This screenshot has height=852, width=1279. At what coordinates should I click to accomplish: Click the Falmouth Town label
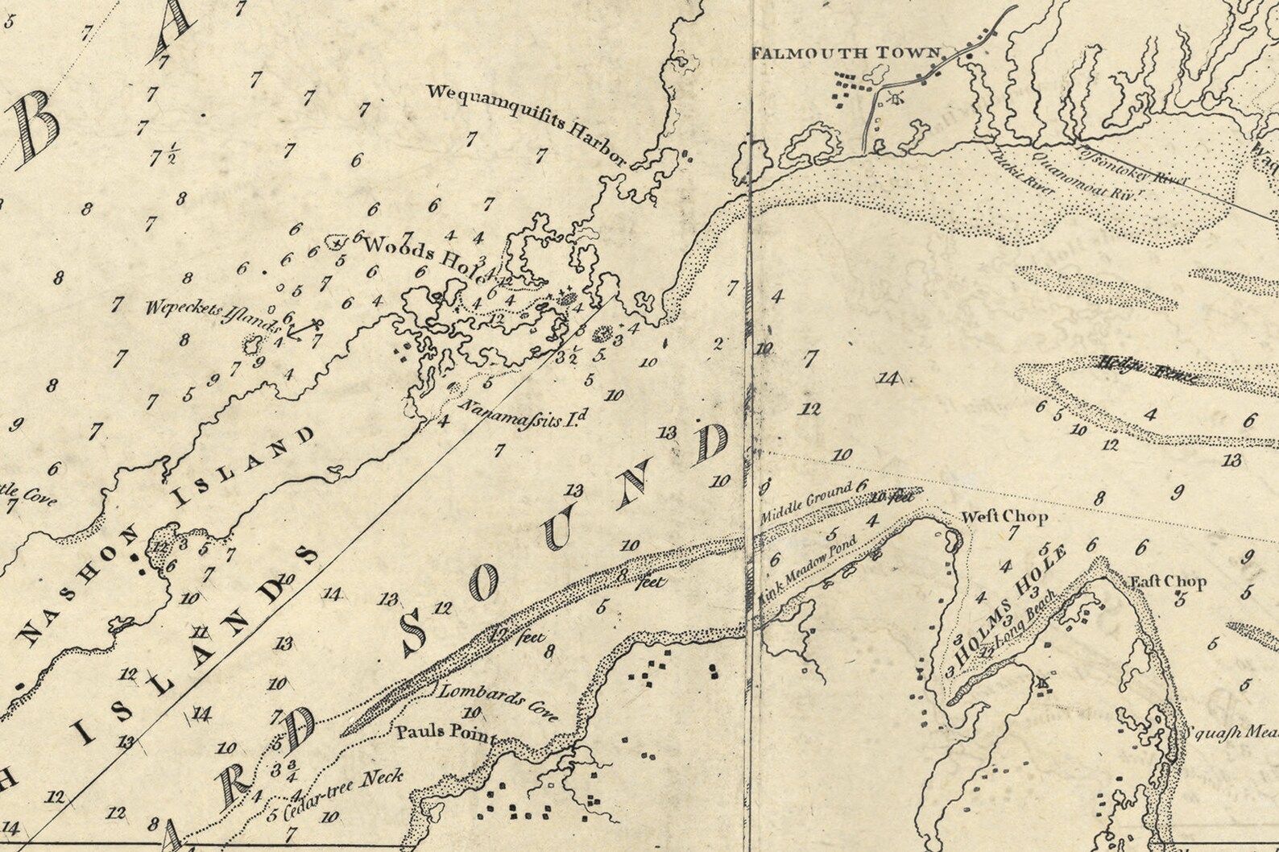tap(846, 53)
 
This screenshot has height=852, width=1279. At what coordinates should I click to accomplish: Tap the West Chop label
tap(1005, 517)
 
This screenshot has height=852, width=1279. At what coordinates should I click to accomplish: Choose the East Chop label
tap(1168, 581)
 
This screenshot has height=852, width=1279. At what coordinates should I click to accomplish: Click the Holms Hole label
tap(1011, 598)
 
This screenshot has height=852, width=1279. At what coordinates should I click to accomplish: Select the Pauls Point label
tap(445, 734)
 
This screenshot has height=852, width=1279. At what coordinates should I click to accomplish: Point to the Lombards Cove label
tap(498, 701)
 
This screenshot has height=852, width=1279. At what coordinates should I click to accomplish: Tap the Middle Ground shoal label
tap(806, 500)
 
